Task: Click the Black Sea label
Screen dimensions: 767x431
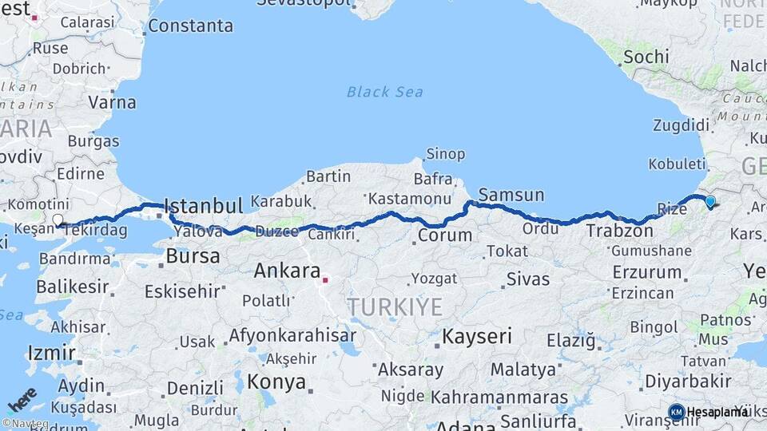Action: coord(384,92)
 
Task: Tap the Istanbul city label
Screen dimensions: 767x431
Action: coord(203,206)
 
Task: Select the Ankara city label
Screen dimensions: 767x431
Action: coord(287,271)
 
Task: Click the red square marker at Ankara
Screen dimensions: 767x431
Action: coord(324,280)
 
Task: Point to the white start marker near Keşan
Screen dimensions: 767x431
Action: coord(58,220)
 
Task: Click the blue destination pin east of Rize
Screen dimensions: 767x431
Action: coord(709,202)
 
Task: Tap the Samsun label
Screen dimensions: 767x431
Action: coord(511,195)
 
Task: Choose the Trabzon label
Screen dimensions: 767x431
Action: coord(620,231)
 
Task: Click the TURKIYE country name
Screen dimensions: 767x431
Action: coord(394,307)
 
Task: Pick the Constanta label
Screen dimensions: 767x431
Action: coord(190,26)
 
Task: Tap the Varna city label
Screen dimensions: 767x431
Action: coord(112,102)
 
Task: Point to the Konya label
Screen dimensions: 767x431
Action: coord(276,382)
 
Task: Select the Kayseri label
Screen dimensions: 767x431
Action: coord(477,336)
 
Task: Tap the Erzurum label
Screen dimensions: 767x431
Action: coord(646,272)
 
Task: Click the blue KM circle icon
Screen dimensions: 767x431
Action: coord(676,412)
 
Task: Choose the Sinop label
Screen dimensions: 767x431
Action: coord(446,154)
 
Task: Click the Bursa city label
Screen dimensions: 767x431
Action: coord(193,257)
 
